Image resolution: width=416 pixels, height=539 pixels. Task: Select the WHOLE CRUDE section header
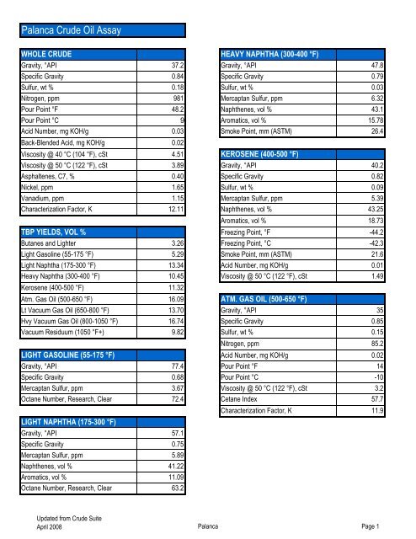(x=50, y=53)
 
